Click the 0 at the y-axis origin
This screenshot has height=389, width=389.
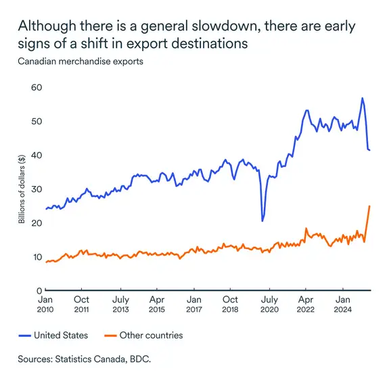[x=39, y=291]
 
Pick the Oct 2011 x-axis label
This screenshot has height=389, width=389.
[x=81, y=304]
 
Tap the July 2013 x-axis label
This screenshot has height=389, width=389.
[x=120, y=304]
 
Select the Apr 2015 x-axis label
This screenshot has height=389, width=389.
[x=156, y=304]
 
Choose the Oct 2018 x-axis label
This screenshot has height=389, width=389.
[x=230, y=304]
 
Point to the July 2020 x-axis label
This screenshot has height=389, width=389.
[x=269, y=304]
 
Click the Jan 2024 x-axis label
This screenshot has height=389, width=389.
[x=343, y=304]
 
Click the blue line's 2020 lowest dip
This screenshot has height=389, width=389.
[x=262, y=221]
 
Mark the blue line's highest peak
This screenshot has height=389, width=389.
[x=362, y=98]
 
